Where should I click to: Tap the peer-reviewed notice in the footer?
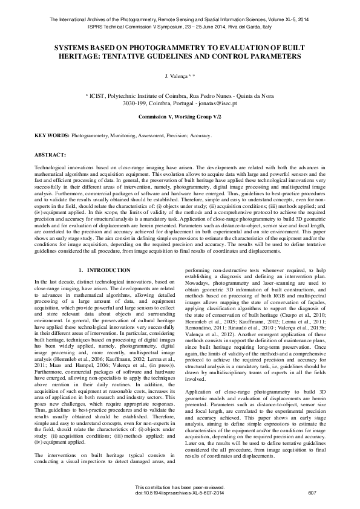click(x=180, y=487)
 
